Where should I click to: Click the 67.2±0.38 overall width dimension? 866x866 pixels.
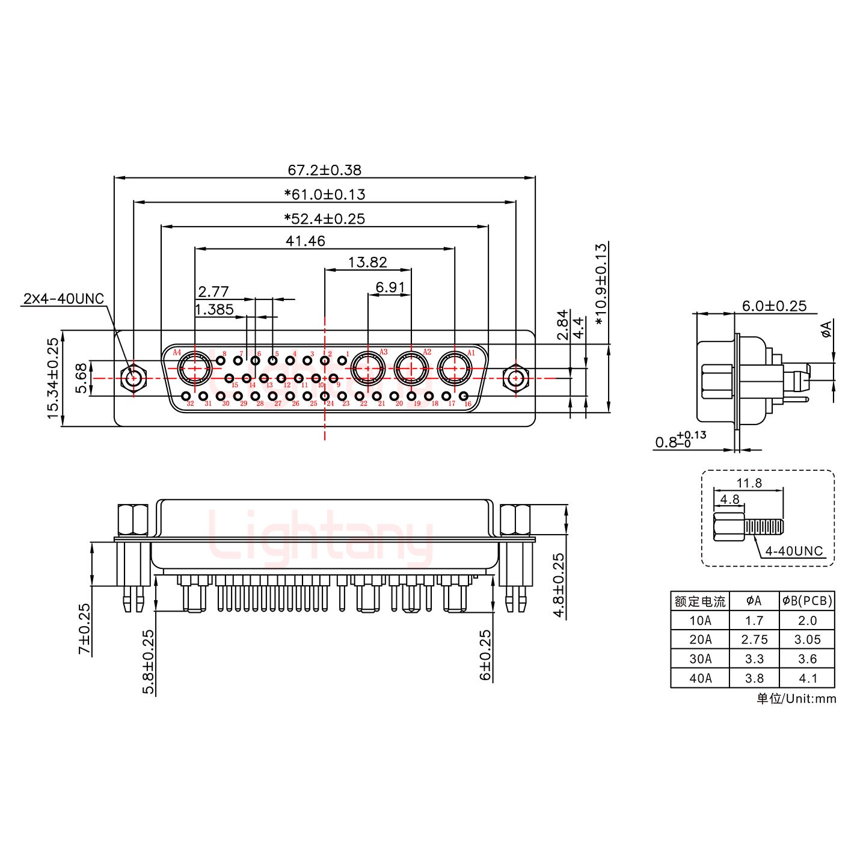[324, 170]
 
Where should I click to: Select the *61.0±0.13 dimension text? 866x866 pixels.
[324, 194]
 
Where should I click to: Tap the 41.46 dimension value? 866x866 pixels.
[306, 241]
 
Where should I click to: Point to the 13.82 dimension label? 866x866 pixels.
[367, 262]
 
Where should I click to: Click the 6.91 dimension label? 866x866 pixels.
[390, 287]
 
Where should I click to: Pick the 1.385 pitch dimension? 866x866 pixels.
[214, 310]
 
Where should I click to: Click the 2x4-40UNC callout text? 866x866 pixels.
[64, 298]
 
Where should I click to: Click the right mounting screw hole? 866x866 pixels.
[515, 378]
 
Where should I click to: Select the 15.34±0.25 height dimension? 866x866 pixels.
[53, 378]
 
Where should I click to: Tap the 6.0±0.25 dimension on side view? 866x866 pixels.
[773, 306]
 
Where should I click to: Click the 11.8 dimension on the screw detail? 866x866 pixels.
[749, 482]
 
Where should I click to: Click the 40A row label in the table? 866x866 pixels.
[699, 678]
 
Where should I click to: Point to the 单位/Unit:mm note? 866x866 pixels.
[796, 698]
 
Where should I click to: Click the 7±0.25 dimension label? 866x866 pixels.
[84, 628]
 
